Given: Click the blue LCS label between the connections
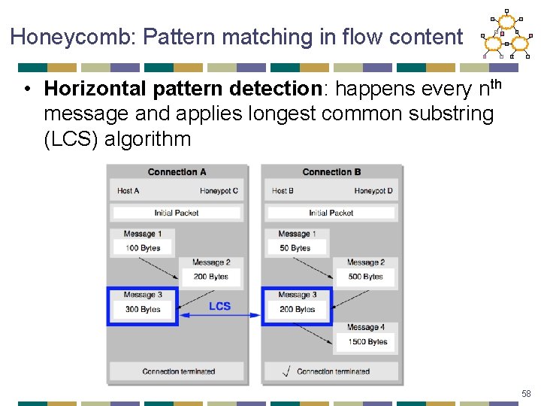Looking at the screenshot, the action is (x=219, y=306).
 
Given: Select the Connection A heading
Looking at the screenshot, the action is (x=177, y=172).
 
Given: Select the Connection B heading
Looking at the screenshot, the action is (x=331, y=172).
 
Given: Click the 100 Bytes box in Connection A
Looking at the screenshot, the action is (x=143, y=247).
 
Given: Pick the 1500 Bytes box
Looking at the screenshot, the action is (x=367, y=341).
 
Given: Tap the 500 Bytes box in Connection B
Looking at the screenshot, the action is (x=366, y=277).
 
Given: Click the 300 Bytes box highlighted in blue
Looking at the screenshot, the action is (x=143, y=309).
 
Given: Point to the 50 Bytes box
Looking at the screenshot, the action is (x=295, y=247).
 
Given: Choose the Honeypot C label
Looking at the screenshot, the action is (x=219, y=191).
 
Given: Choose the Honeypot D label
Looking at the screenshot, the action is (x=373, y=191).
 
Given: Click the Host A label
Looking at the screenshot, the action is (x=128, y=191).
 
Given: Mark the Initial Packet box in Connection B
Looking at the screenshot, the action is (x=331, y=213).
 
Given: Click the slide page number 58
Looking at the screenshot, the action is (x=526, y=394).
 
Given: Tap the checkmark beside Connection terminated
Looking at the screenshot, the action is (x=286, y=371).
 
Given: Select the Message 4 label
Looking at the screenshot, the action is (x=366, y=327).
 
